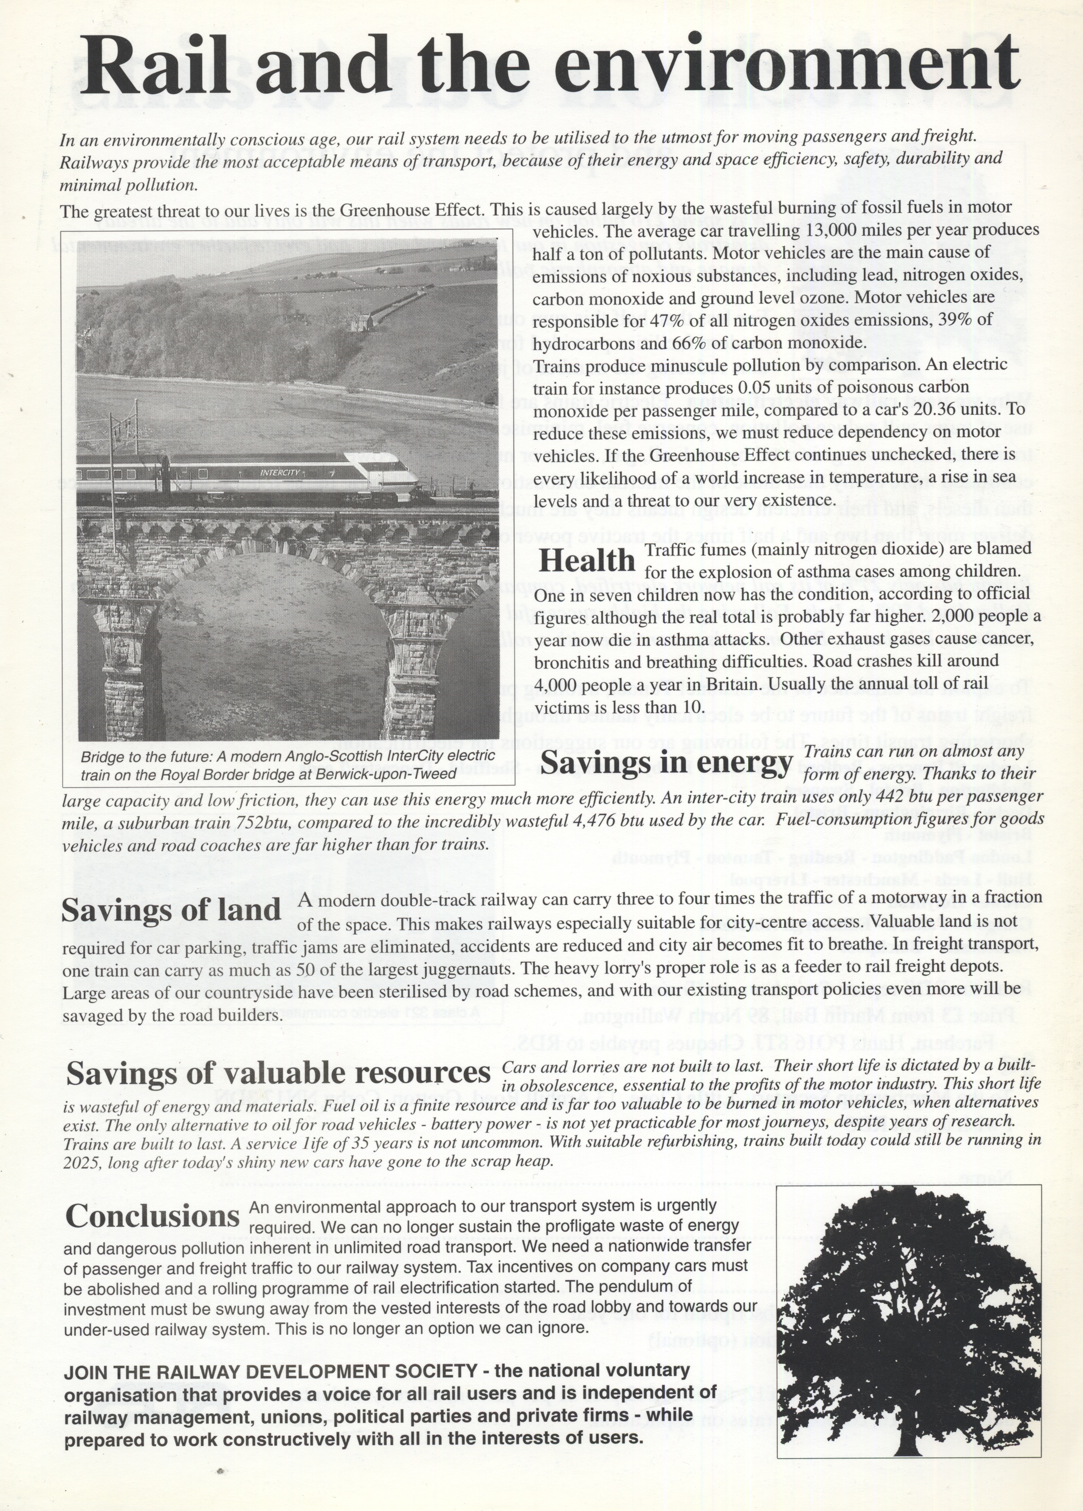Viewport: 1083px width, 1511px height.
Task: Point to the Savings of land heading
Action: pos(171,911)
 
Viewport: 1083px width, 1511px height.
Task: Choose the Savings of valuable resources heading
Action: pos(278,1073)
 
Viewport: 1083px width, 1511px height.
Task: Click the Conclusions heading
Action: pos(152,1216)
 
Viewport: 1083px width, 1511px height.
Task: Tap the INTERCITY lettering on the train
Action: pos(280,472)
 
